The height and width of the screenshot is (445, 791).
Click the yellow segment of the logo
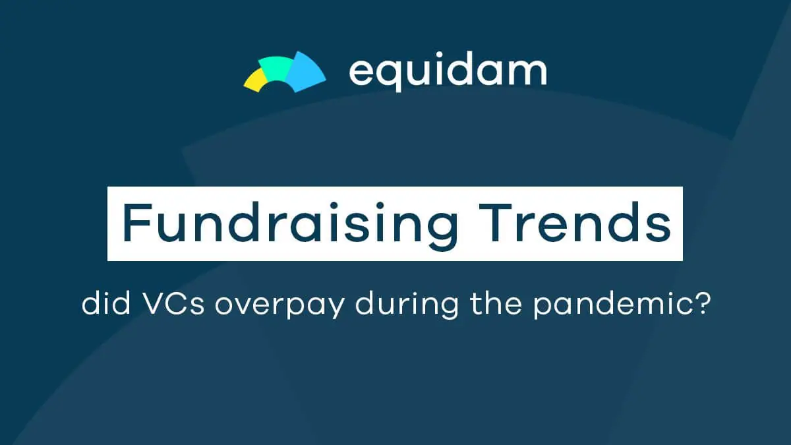(254, 80)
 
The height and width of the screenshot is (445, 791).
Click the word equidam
(448, 72)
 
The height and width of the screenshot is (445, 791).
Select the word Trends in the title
(575, 223)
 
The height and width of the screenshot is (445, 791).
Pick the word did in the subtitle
(106, 303)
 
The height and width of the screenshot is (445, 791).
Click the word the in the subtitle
(496, 303)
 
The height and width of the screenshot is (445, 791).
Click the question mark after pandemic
(703, 304)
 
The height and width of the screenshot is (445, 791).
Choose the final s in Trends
(660, 228)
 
